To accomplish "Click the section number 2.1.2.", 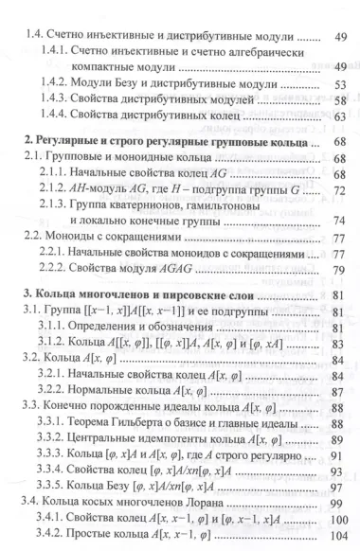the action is [56, 204].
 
